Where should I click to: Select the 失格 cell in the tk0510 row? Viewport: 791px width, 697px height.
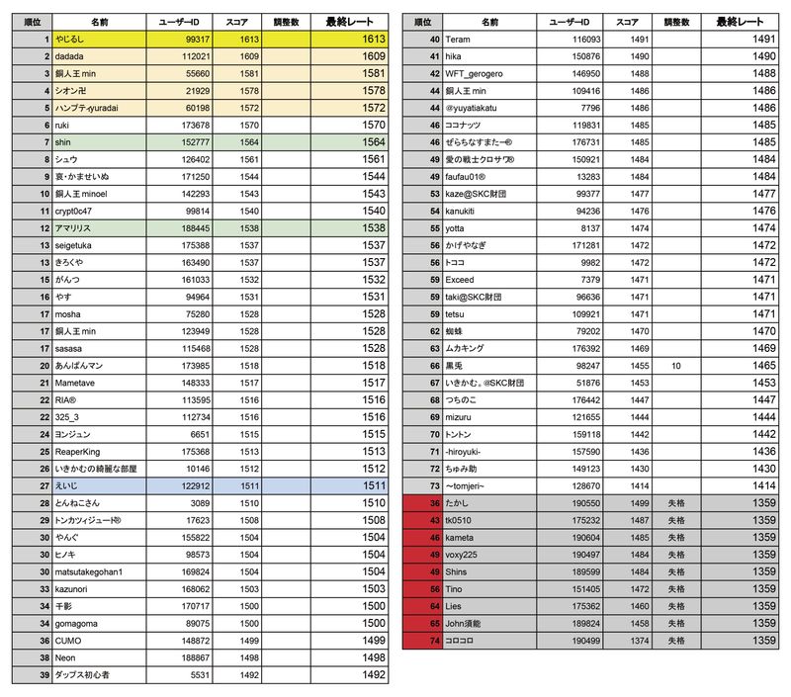(676, 519)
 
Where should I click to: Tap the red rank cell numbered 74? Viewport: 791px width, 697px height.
(422, 641)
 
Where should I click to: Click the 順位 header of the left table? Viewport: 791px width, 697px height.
(32, 21)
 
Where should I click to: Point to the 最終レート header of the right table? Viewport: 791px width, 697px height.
(740, 21)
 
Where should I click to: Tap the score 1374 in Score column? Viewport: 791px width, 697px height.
(634, 641)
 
